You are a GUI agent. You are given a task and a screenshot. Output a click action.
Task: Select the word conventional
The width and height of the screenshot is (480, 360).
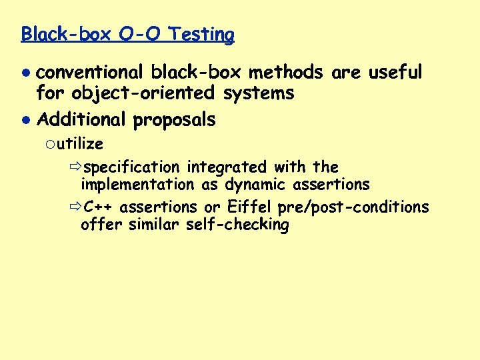click(89, 72)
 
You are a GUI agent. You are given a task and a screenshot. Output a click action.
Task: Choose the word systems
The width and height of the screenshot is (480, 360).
click(259, 93)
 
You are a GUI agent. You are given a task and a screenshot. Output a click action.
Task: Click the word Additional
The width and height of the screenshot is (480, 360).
click(81, 120)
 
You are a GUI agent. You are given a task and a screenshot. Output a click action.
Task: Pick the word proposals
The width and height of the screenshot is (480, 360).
click(174, 120)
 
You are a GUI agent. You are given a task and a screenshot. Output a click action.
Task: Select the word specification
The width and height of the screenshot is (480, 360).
click(133, 167)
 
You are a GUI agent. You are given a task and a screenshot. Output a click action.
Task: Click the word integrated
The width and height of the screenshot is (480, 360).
click(227, 167)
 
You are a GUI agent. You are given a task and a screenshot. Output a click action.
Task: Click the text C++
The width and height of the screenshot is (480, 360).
click(99, 207)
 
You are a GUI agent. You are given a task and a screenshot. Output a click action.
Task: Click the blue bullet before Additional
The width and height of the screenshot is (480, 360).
click(25, 121)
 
